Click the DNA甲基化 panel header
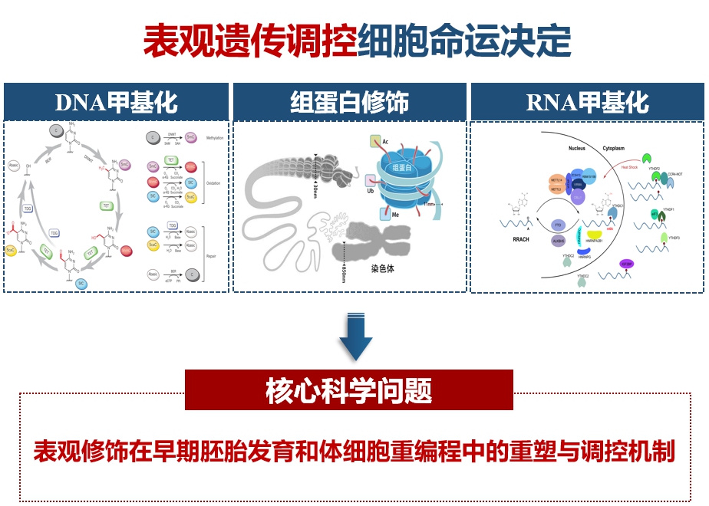(x=117, y=102)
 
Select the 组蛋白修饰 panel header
(x=349, y=102)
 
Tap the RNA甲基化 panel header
(x=588, y=102)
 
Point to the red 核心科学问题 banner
(x=349, y=390)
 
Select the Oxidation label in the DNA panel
(x=214, y=182)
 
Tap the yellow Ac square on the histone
(x=375, y=141)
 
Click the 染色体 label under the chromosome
(x=382, y=269)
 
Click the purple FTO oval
(x=558, y=225)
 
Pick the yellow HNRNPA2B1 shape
(x=594, y=234)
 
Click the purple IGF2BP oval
(x=626, y=263)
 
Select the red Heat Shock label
(x=629, y=166)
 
